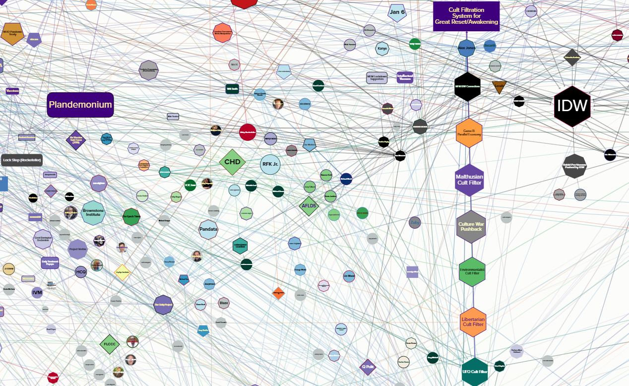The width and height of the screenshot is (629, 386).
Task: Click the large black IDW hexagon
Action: coord(572,106)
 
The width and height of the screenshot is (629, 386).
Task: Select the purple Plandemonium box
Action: coord(80,105)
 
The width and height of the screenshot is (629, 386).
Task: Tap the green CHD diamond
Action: coord(232,162)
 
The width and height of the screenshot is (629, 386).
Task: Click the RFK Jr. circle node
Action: coord(270,165)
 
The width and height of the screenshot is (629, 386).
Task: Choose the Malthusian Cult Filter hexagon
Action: coord(469,180)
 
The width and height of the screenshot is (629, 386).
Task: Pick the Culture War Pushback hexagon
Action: coord(471,227)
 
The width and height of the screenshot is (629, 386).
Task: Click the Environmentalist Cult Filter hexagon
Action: coord(472,271)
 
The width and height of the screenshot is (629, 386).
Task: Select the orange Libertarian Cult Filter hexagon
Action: coord(472,322)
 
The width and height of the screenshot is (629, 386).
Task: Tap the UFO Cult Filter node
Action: coord(475,372)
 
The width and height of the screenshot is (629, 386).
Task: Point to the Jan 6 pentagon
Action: coord(397,12)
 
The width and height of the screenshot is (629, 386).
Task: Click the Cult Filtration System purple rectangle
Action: coord(466,16)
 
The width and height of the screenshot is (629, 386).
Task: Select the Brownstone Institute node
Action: coord(93,213)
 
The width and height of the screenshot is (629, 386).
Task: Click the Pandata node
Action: coord(208,229)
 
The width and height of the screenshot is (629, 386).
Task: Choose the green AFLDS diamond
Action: coord(309,206)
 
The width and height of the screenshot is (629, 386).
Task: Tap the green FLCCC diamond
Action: coord(110,344)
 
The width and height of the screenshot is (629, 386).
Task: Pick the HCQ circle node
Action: coord(81,272)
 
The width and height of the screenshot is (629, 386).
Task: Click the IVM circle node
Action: coord(37,293)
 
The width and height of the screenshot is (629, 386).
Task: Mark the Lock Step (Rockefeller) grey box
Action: coord(22,160)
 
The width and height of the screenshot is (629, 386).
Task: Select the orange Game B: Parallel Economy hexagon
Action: coord(469,133)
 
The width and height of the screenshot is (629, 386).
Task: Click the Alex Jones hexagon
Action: coord(466,48)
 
